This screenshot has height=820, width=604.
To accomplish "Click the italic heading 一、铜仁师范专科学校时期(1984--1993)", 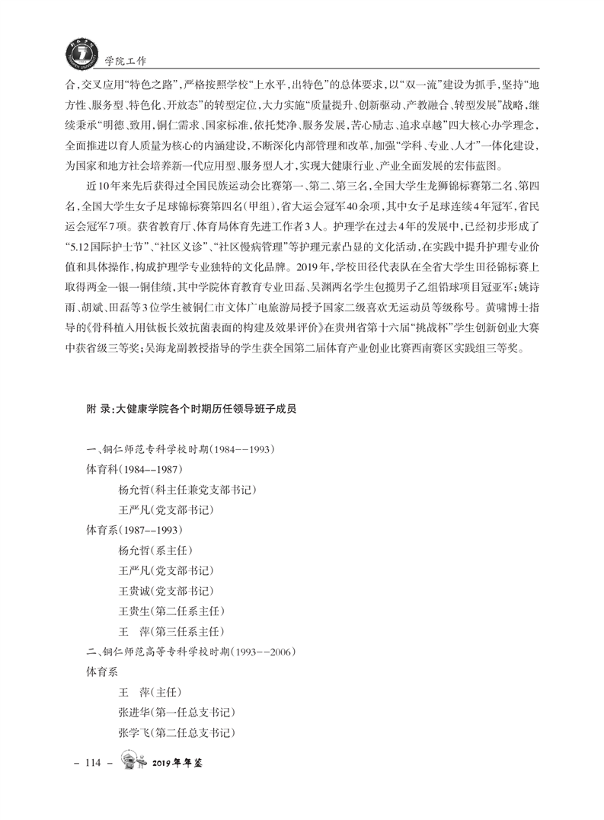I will (180, 449).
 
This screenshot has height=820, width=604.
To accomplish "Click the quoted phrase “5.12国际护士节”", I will (109, 246).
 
